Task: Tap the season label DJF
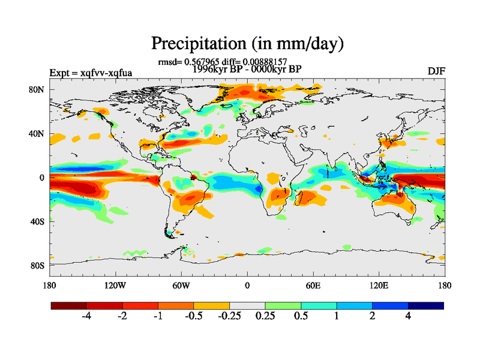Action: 436,71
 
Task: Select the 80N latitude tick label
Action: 37,89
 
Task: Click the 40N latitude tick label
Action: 37,133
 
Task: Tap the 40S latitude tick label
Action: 37,221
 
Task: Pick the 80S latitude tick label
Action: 37,265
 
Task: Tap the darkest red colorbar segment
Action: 69,305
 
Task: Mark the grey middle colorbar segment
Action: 247,305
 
